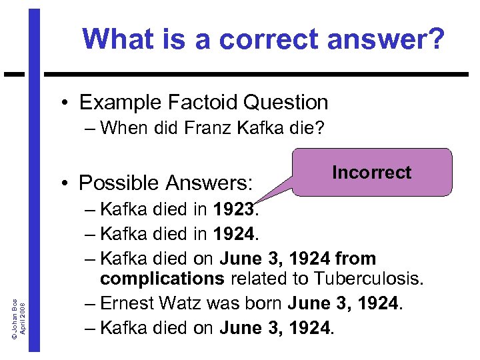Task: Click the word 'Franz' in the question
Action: click(207, 127)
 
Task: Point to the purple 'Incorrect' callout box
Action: click(371, 173)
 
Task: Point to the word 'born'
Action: click(261, 303)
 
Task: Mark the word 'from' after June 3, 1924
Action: click(356, 258)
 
